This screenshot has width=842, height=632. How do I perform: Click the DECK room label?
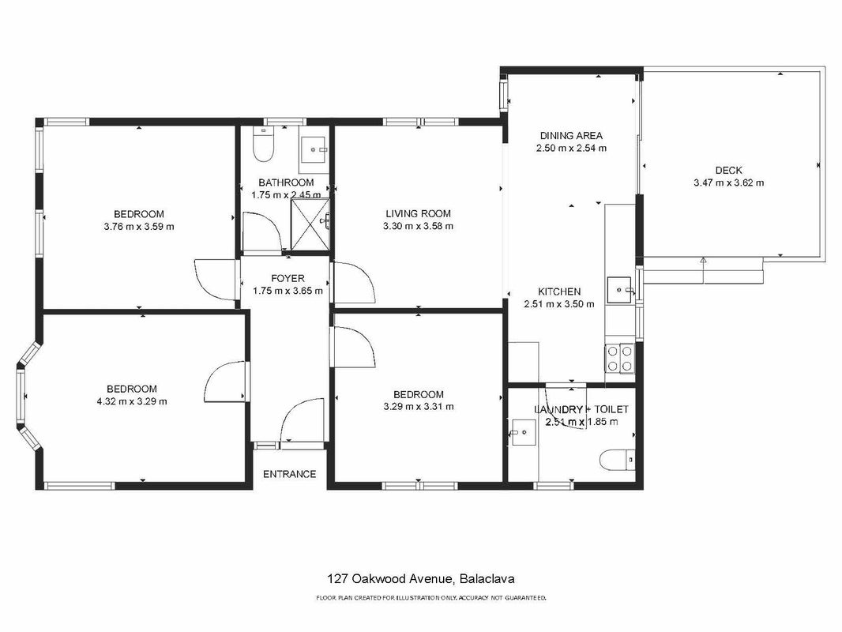728,170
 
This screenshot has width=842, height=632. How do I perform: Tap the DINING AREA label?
571,135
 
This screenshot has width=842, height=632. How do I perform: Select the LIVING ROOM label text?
418,213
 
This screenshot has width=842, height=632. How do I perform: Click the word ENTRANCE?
289,473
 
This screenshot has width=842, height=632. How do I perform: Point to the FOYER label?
288,278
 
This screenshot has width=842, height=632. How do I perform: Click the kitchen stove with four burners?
619,358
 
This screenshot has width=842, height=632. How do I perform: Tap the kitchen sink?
621,290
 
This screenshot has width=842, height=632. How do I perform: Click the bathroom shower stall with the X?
310,224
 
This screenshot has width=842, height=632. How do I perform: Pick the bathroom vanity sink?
314,149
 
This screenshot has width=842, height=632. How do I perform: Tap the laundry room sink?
523,432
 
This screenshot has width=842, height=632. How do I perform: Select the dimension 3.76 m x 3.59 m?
138,227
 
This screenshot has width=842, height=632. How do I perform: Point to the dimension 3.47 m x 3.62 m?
729,182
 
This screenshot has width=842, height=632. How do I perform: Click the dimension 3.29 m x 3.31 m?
419,407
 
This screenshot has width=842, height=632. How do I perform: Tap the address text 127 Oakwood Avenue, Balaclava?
421,579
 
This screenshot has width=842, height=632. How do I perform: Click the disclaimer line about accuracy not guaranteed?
430,597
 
